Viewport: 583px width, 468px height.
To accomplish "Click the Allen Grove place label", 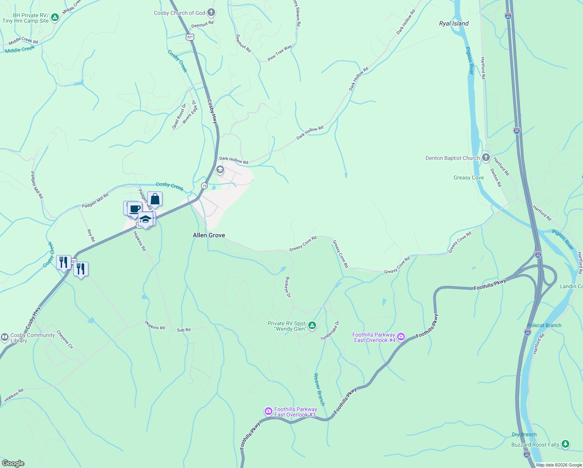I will [209, 235].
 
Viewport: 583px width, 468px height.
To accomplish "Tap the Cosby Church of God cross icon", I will [211, 13].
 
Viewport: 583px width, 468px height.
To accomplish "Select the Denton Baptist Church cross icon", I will [486, 158].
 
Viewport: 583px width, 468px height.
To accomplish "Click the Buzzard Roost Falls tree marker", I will [565, 444].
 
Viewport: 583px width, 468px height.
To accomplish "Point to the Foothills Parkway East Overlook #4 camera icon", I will [401, 337].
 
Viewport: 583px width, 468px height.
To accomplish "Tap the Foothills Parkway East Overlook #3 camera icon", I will [268, 411].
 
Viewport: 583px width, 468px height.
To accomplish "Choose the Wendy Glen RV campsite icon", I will [312, 325].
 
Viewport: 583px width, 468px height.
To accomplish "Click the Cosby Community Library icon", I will [5, 337].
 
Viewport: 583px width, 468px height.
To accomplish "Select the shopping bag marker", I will [155, 199].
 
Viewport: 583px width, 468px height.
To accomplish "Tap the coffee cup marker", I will [135, 209].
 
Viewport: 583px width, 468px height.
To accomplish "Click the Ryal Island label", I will [454, 23].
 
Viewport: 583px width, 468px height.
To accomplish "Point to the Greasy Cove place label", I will [468, 177].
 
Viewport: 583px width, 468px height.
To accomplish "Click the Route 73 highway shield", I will [204, 186].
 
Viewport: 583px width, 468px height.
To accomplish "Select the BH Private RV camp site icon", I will [55, 18].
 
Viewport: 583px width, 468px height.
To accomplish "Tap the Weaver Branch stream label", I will [319, 389].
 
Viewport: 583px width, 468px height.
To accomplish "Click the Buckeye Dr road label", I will [288, 287].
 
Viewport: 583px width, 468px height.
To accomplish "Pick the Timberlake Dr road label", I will [330, 331].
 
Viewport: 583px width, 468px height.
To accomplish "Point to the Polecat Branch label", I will [544, 325].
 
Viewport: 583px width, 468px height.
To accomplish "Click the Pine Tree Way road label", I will [279, 53].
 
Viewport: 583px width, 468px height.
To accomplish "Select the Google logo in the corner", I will [13, 463].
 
